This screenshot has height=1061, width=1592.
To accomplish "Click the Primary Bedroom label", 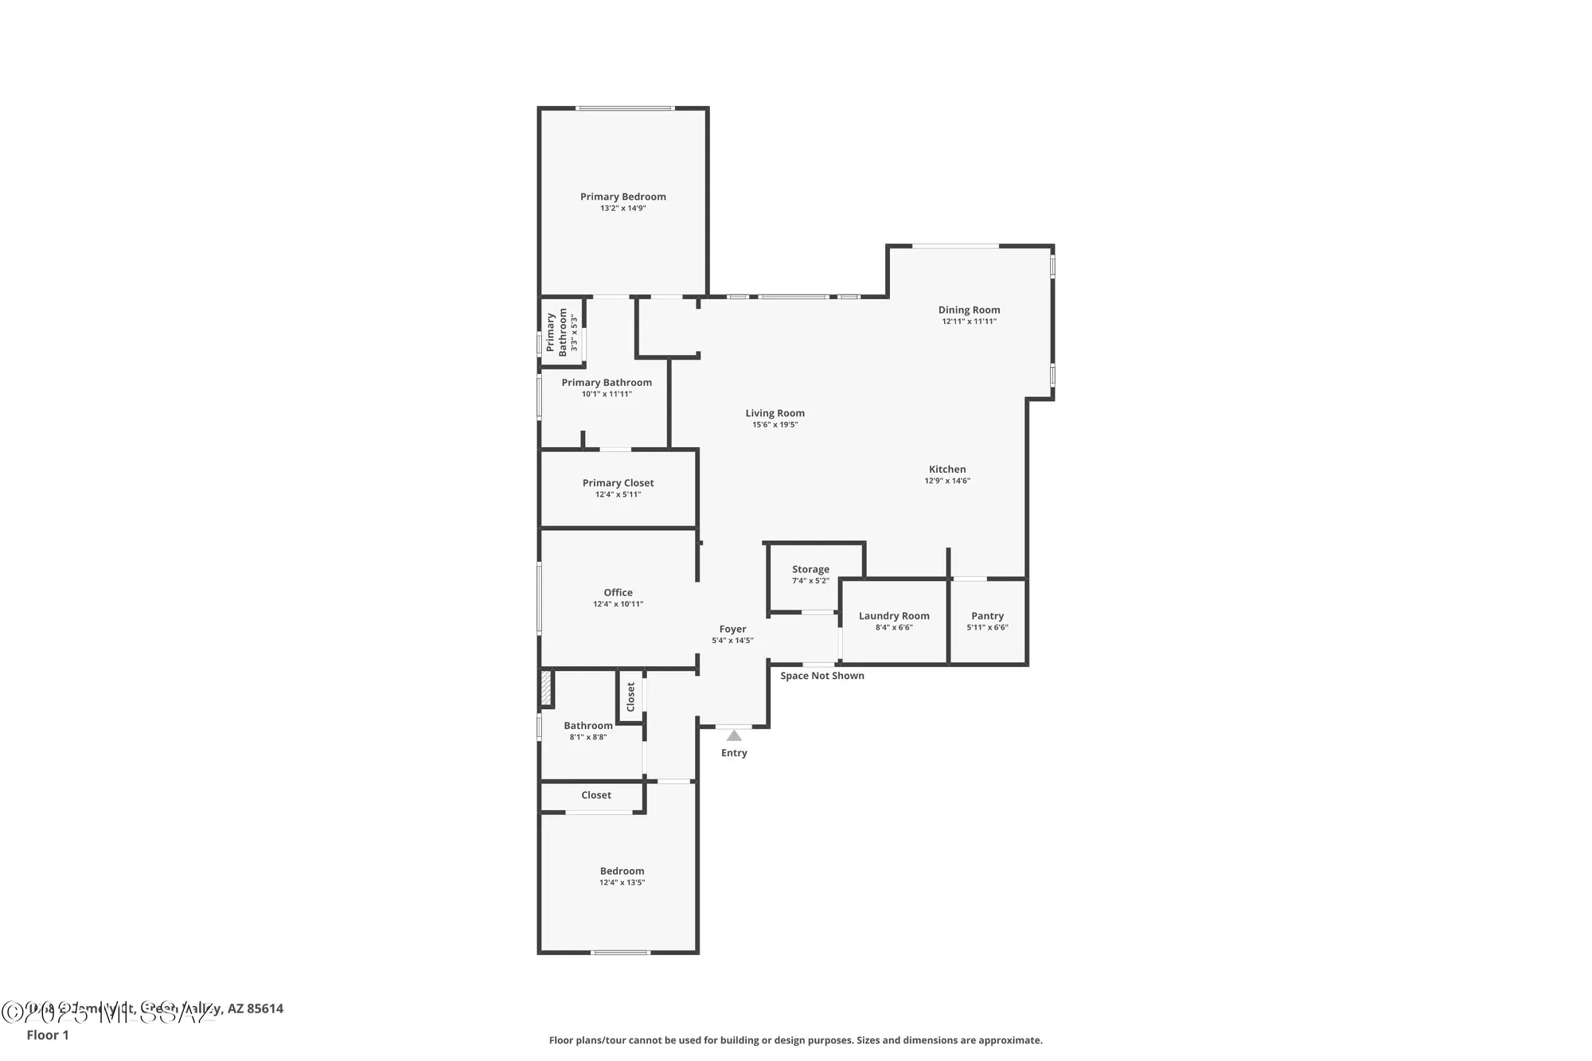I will coord(622,197).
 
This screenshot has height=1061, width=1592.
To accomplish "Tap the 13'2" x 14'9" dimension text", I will coord(622,209).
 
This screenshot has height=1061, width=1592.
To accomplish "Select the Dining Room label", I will coord(969,310).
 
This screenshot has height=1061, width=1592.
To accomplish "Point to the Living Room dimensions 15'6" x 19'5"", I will coord(775,425).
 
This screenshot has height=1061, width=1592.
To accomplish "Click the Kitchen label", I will coord(947,469).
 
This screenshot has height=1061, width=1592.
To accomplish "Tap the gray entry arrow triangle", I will coord(734,736).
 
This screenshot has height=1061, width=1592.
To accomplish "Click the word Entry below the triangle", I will coord(734,753).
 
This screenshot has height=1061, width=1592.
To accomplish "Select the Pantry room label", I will coord(987,615).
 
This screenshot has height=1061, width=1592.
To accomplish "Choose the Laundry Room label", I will coord(894,615).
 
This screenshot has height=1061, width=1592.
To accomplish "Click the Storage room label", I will coord(810,569).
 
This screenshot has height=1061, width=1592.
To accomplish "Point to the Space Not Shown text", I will coord(821,676).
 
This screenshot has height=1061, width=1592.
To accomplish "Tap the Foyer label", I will coord(732,629).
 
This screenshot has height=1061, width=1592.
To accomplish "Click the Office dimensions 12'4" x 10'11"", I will coord(618,604).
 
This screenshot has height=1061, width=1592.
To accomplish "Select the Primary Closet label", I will coord(618,482).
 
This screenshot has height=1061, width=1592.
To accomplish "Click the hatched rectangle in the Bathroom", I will coord(546,689).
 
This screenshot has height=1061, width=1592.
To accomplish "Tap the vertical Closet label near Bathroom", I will coord(630,696).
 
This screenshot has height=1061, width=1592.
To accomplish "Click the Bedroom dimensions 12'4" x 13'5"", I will coord(622,883).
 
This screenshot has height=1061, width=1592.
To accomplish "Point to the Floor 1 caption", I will coord(48,1035).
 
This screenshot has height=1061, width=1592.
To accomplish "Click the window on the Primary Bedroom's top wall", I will coord(625,108).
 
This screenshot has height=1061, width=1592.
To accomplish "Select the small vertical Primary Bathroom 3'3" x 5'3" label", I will coord(562,332).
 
